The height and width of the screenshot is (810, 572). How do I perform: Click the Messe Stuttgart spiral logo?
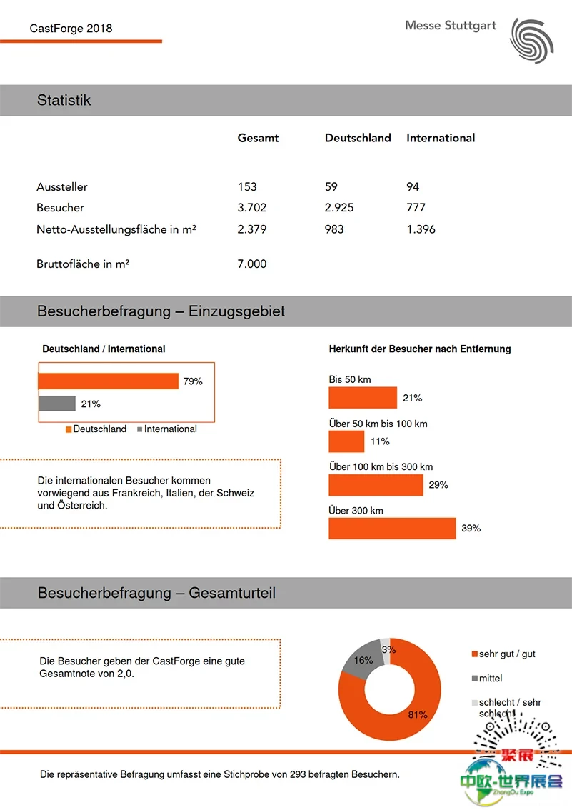(x=532, y=40)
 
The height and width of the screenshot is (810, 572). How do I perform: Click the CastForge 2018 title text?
(x=71, y=29)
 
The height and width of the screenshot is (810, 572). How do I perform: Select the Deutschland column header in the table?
(x=358, y=138)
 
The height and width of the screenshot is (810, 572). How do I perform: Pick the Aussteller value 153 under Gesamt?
(x=247, y=186)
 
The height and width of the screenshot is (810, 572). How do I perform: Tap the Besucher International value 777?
(x=416, y=208)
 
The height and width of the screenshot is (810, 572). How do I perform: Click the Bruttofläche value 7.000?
(x=252, y=264)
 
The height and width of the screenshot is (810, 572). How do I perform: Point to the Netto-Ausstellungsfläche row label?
(x=116, y=229)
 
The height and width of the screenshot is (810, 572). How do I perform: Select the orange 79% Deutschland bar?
(x=109, y=381)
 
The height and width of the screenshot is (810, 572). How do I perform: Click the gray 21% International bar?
(x=57, y=404)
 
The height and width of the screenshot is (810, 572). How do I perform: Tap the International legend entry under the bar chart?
(x=167, y=429)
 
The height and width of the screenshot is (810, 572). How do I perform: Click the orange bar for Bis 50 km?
(x=363, y=398)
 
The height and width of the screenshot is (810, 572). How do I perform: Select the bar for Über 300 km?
(x=392, y=529)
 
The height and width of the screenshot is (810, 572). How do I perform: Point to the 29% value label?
(x=438, y=485)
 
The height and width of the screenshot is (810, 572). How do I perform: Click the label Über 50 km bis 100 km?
(x=378, y=424)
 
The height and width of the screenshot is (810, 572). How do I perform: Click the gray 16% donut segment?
(x=361, y=659)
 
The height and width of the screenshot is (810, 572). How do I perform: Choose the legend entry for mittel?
(x=487, y=679)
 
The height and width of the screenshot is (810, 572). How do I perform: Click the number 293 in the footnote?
(x=298, y=774)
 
